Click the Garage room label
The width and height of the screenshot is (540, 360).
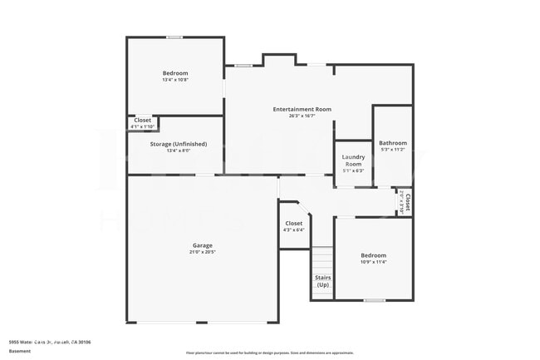[203, 245]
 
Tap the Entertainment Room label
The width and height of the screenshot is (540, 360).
[302, 109]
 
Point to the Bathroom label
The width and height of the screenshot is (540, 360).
[392, 142]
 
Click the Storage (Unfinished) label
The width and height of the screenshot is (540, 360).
[179, 144]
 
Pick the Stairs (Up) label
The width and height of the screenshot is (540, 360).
[322, 281]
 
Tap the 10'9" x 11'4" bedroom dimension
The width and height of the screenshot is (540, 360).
[374, 262]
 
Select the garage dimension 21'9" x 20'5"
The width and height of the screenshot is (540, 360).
[203, 253]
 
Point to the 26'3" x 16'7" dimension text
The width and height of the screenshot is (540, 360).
[302, 116]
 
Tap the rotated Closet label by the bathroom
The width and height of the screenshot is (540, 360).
[406, 202]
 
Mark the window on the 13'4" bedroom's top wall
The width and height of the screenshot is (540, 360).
[174, 37]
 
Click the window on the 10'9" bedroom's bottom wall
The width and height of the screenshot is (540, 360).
[375, 300]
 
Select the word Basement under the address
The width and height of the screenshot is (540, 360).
[20, 351]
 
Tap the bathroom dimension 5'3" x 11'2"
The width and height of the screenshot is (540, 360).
[392, 150]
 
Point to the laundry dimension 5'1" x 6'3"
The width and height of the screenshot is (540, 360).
[353, 170]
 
